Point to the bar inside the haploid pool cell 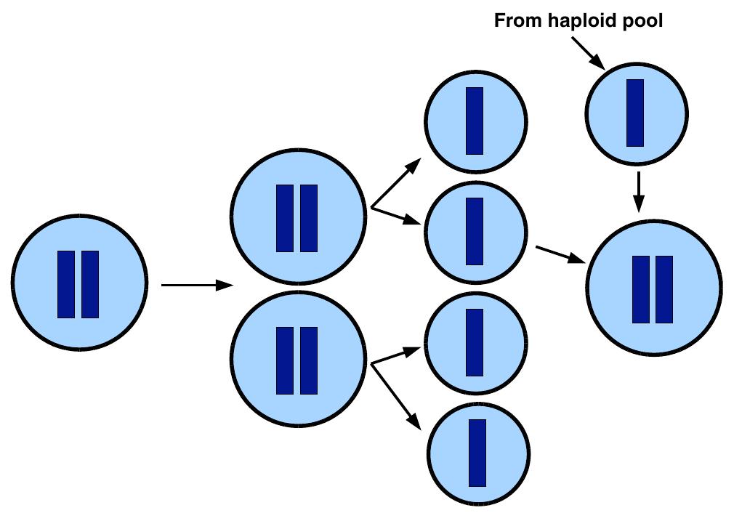click(635, 113)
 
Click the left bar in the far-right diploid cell click(641, 288)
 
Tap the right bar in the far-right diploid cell click(664, 288)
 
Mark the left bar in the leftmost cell click(66, 284)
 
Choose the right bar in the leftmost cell click(90, 284)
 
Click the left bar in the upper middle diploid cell click(285, 218)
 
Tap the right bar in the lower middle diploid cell click(309, 360)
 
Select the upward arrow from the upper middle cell click(396, 185)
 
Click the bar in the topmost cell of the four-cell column click(475, 121)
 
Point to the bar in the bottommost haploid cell click(477, 452)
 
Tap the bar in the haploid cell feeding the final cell click(475, 230)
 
